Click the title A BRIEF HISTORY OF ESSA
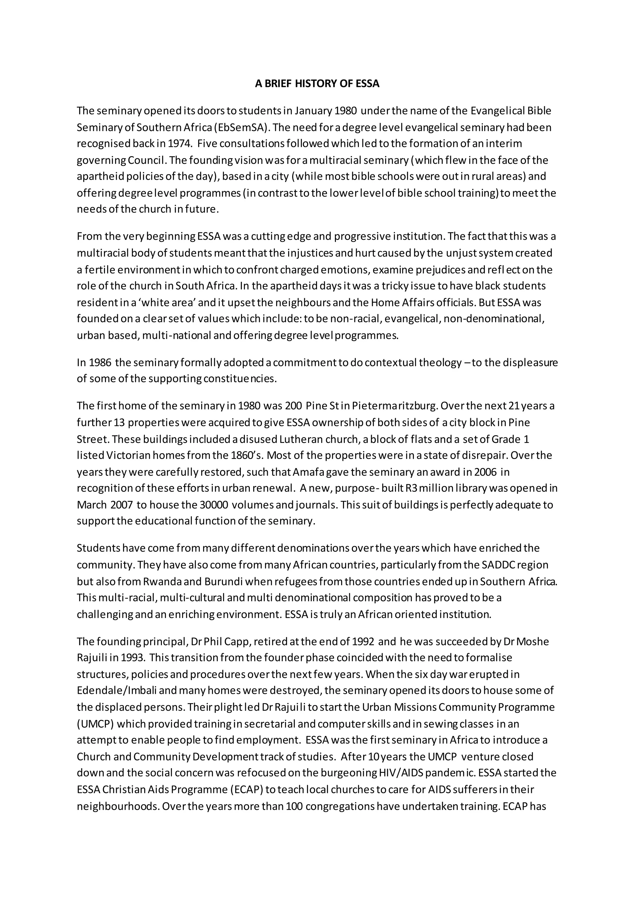(x=317, y=84)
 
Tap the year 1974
(x=180, y=144)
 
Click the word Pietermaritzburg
(x=394, y=406)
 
